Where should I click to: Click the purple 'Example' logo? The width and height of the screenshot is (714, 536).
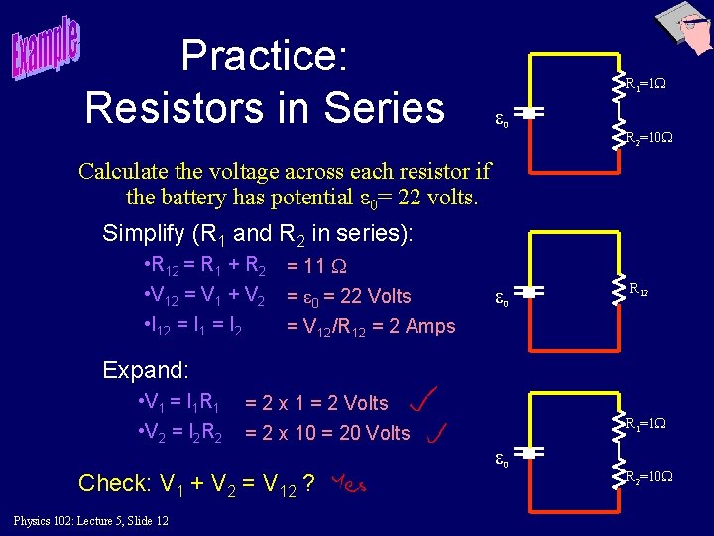pos(47,49)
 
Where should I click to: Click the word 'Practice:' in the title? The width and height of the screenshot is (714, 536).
pos(264,56)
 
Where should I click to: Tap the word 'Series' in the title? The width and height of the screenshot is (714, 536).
pos(387,106)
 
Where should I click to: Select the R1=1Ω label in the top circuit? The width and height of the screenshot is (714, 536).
pos(645,85)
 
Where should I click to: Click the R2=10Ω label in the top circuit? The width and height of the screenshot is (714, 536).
pos(648,138)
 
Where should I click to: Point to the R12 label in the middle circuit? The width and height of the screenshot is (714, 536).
pos(639,290)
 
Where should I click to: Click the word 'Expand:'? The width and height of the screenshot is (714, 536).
pos(146,371)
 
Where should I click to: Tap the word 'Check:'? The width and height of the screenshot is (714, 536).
pos(113,483)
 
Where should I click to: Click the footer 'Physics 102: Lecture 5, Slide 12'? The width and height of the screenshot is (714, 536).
pos(90,521)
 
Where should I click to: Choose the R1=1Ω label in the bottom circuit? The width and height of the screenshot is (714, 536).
pos(645,424)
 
